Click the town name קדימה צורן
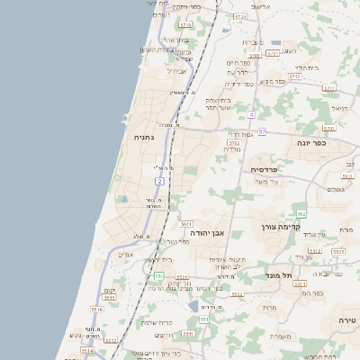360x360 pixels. coord(279,228)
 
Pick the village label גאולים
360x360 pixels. coord(337,190)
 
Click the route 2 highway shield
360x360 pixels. coord(160,182)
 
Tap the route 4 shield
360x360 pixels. coord(252,115)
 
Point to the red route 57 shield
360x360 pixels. coord(261,132)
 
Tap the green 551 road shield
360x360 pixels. coord(204,319)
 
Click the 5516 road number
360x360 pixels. coord(96,309)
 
